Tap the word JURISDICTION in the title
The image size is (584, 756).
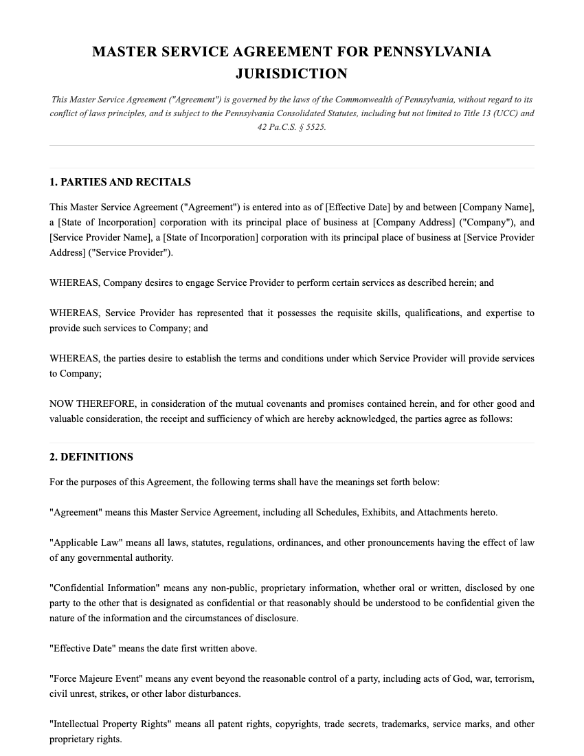click(291, 74)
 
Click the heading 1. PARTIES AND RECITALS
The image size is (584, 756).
click(120, 182)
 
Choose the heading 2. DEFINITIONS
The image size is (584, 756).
click(91, 457)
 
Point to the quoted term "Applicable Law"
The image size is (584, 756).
click(81, 542)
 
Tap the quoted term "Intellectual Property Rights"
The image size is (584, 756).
click(109, 724)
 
